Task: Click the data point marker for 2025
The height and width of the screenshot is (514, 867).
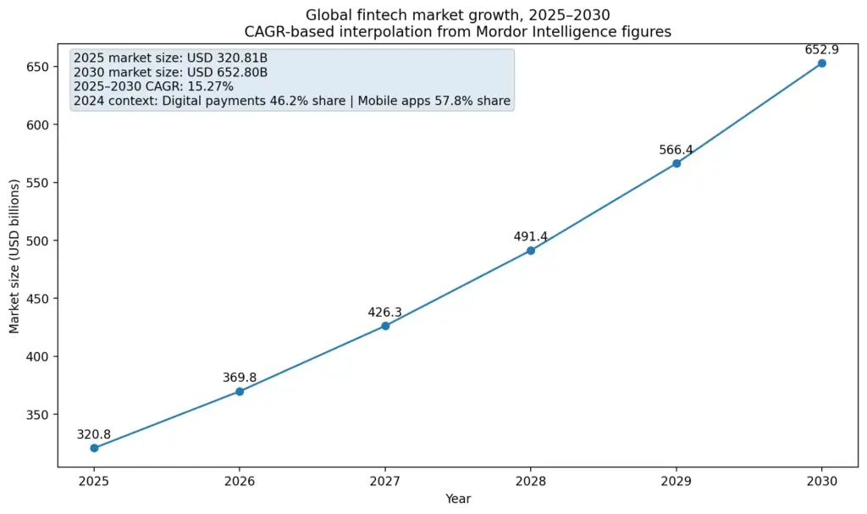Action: [x=94, y=448]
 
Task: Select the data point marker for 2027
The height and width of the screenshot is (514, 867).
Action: [x=385, y=326]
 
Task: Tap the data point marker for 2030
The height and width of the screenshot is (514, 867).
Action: [x=821, y=64]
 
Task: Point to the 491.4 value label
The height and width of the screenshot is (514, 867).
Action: [x=531, y=237]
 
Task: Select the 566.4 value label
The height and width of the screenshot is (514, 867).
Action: [x=676, y=150]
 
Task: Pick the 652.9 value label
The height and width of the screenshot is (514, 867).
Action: [x=821, y=50]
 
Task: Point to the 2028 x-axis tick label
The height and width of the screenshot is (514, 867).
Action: [x=531, y=480]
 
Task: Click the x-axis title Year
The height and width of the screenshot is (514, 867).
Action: [x=458, y=499]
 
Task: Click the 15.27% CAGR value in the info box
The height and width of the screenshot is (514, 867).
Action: [x=212, y=86]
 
